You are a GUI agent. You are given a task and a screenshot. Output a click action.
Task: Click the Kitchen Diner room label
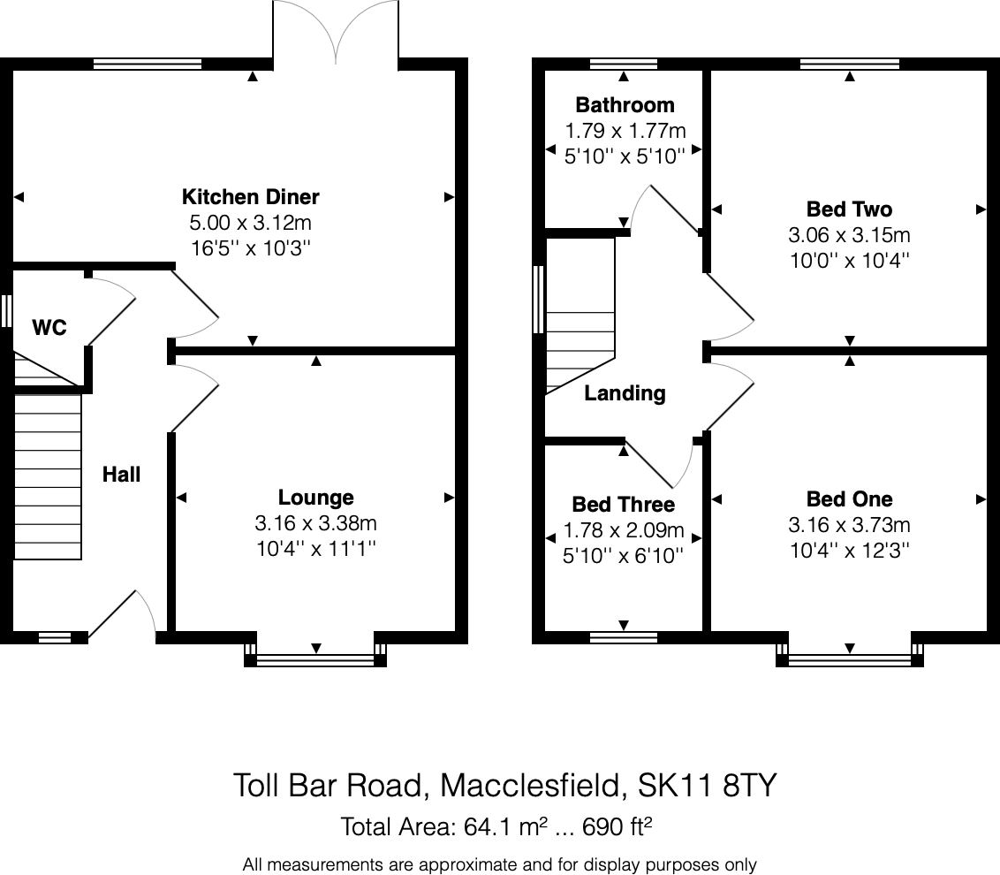click(251, 196)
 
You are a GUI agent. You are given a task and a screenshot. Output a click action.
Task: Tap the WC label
click(49, 327)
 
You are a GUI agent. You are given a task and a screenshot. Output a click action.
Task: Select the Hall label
click(121, 475)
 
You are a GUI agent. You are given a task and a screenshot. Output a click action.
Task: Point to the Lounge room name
click(315, 498)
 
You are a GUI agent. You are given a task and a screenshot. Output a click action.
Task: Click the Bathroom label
click(625, 104)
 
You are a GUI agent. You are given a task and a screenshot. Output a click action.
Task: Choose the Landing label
click(625, 393)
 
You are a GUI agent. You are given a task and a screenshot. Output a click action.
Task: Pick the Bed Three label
click(624, 504)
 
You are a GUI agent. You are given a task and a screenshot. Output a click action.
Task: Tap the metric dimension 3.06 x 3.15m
click(850, 235)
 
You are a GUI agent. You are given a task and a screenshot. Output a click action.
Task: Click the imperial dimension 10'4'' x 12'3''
click(850, 550)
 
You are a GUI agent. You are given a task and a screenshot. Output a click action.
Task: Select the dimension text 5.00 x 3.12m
click(251, 223)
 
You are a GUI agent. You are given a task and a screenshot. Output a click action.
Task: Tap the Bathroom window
click(623, 64)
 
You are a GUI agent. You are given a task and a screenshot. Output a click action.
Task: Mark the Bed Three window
click(623, 637)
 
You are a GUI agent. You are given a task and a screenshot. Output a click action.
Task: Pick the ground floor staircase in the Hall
click(48, 476)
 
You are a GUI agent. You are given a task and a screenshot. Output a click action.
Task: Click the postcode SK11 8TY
click(708, 785)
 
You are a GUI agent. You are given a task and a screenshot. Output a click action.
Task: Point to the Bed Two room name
click(850, 209)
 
